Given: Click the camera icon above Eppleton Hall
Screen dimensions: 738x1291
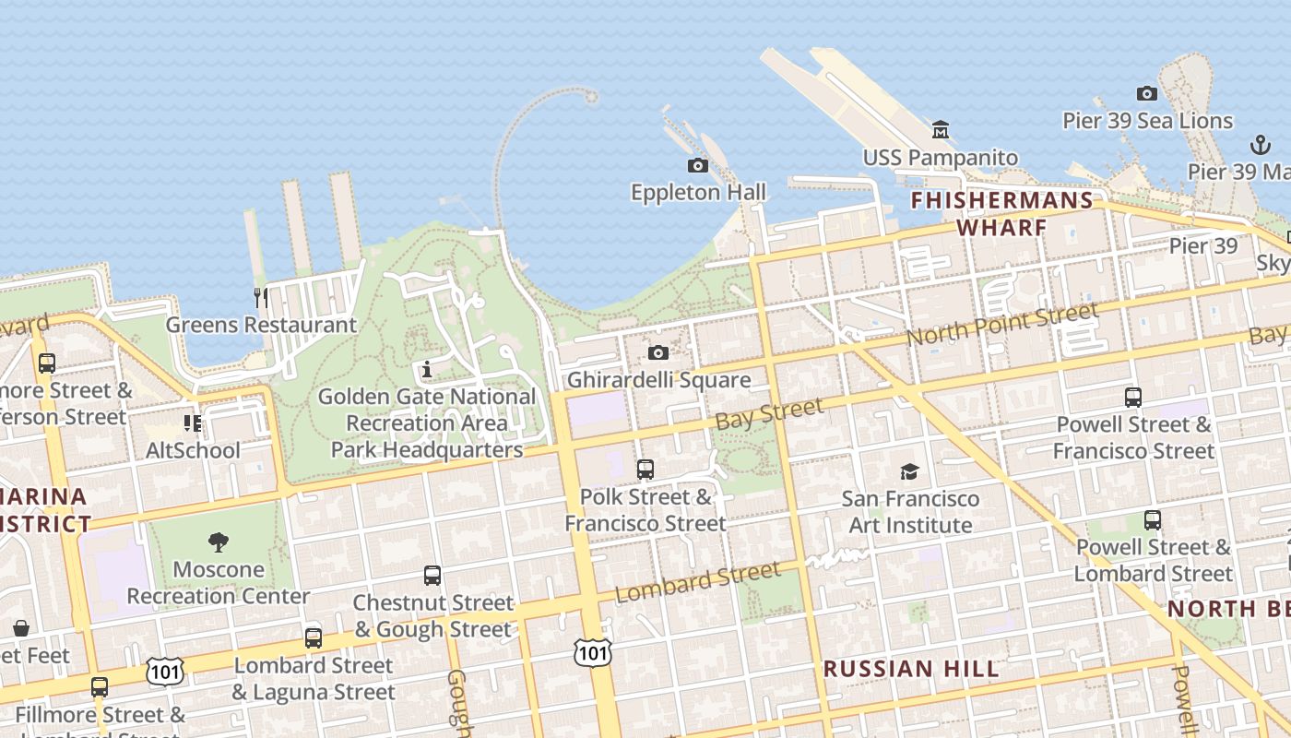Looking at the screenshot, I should click(698, 166).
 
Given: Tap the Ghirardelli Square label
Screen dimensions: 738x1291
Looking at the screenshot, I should click(658, 380).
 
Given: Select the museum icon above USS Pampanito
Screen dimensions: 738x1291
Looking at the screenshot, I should click(941, 130).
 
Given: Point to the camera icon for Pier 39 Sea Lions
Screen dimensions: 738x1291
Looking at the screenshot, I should click(1147, 93).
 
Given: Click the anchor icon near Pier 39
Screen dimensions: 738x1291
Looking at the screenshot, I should click(1260, 145).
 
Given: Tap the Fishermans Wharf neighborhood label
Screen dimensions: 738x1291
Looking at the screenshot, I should click(1002, 214).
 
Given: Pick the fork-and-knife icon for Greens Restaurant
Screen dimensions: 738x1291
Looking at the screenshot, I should click(261, 297).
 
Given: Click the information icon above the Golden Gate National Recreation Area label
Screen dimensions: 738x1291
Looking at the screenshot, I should click(426, 370).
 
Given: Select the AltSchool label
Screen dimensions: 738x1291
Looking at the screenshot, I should click(193, 450).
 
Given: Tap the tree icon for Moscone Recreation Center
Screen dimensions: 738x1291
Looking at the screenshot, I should click(219, 542).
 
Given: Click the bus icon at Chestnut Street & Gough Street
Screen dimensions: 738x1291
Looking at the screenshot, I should click(432, 576).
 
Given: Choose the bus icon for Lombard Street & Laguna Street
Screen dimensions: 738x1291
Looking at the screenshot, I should click(314, 638).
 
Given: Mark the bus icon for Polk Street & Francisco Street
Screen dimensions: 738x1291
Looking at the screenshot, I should click(645, 470).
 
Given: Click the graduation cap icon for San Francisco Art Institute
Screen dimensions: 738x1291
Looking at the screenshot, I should click(910, 471).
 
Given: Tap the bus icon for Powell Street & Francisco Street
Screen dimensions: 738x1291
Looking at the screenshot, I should click(1133, 398).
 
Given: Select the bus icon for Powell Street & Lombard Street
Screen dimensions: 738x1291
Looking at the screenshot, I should click(1153, 520).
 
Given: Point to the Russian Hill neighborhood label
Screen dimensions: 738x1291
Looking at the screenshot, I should click(911, 669).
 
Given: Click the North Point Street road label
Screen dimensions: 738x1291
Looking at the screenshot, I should click(1002, 325).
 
